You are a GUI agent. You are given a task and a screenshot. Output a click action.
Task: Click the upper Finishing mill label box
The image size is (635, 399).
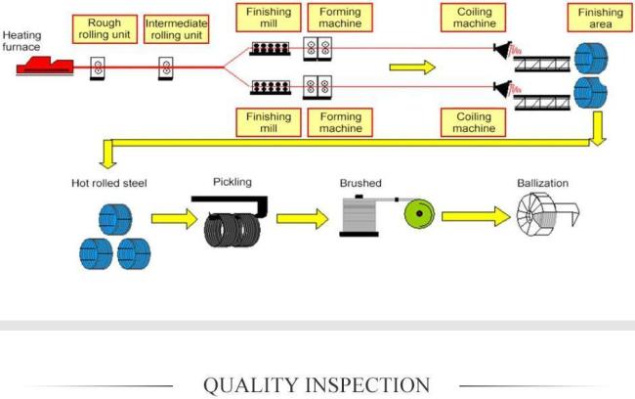point(269,21)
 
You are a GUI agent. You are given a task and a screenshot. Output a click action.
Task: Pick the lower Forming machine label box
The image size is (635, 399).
point(340,121)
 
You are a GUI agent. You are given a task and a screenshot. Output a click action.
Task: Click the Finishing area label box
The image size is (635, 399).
point(600,17)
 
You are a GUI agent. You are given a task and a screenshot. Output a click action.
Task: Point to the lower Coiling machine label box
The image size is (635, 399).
point(473,121)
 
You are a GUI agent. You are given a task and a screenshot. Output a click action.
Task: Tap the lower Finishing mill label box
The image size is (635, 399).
point(269,121)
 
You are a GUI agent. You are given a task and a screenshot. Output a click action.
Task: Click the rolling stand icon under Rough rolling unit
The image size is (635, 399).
point(99,67)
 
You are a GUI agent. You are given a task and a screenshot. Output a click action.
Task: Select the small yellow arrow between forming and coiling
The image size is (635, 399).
point(411,67)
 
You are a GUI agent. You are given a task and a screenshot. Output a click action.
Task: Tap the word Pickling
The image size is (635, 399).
point(233,181)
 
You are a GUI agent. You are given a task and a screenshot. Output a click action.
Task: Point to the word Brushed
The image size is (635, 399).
point(360,183)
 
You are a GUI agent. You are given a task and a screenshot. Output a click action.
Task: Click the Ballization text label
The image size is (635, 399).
point(542,183)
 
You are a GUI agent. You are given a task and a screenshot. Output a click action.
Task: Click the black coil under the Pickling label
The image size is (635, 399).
point(233,228)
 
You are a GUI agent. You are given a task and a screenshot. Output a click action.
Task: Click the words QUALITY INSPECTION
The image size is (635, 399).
point(316,384)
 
